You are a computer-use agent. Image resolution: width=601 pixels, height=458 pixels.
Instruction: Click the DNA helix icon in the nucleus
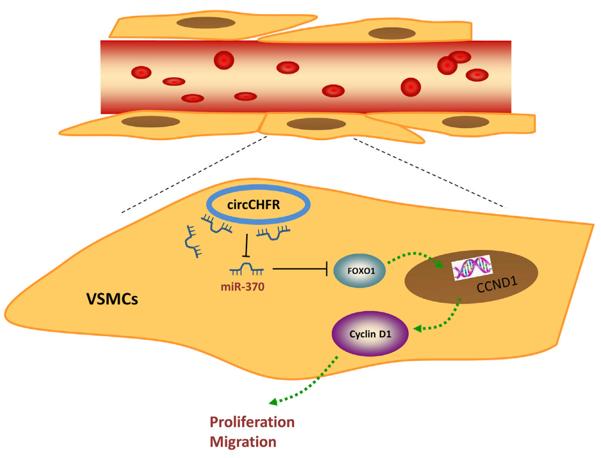(471, 270)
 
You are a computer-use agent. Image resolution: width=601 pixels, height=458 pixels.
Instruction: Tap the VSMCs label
(112, 298)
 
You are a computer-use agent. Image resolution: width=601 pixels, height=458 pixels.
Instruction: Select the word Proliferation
(252, 422)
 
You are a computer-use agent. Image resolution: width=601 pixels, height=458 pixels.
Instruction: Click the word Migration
(243, 442)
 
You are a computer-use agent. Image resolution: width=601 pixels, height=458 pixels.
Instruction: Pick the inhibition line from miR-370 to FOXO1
(300, 270)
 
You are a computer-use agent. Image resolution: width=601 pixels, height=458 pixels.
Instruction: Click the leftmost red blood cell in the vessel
(141, 72)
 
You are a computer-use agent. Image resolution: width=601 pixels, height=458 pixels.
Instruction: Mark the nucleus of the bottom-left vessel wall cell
(150, 121)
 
